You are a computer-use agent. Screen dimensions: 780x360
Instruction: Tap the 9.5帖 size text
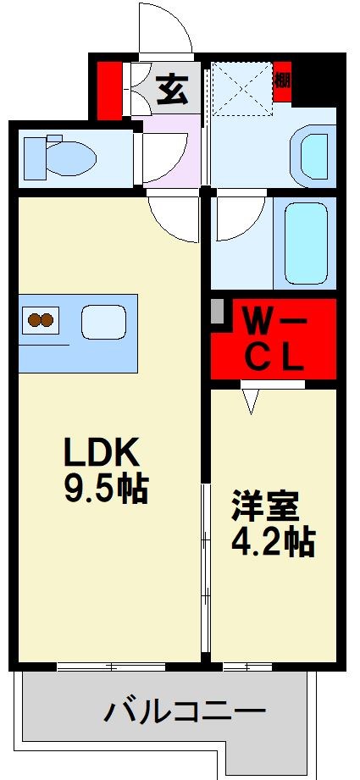point(106,489)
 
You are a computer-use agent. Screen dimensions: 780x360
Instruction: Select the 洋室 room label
point(265,508)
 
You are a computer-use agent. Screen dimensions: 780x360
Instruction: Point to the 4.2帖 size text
point(274,542)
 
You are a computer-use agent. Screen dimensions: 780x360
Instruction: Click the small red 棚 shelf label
point(282,80)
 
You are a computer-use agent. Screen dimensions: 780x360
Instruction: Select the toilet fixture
point(59,156)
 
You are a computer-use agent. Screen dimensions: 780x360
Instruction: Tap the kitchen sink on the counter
point(103,322)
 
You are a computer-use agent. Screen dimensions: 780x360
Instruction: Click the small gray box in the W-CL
point(218,312)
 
